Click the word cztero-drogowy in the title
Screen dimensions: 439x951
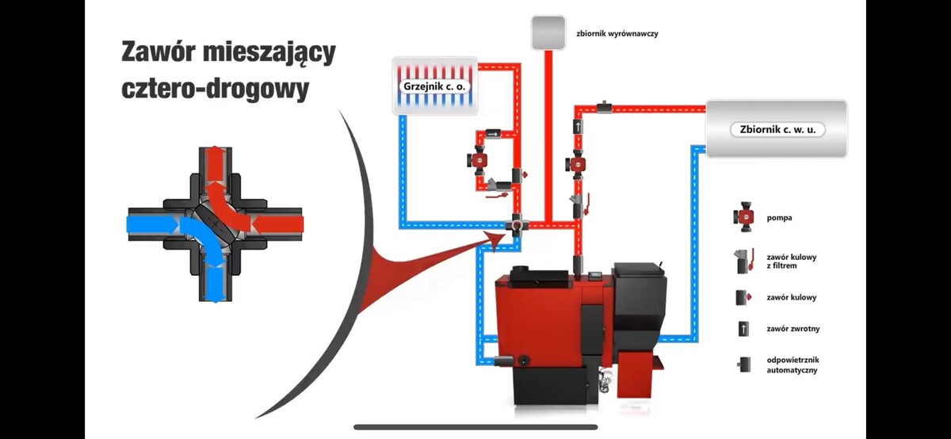pos(215,88)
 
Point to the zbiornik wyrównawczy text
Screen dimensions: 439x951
pos(617,34)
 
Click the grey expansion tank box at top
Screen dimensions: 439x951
pos(548,32)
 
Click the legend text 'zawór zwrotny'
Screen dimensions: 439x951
pos(791,327)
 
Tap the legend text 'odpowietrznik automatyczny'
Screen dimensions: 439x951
pos(792,365)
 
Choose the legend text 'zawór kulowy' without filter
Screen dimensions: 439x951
pos(791,298)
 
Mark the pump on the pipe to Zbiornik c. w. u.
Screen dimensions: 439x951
pos(577,165)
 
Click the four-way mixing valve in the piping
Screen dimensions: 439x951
pos(517,225)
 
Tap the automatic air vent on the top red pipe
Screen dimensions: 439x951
pos(604,105)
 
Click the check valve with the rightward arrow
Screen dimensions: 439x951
pos(495,134)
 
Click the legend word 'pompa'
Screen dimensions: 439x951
pos(779,217)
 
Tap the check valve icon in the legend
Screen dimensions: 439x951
pos(743,327)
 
